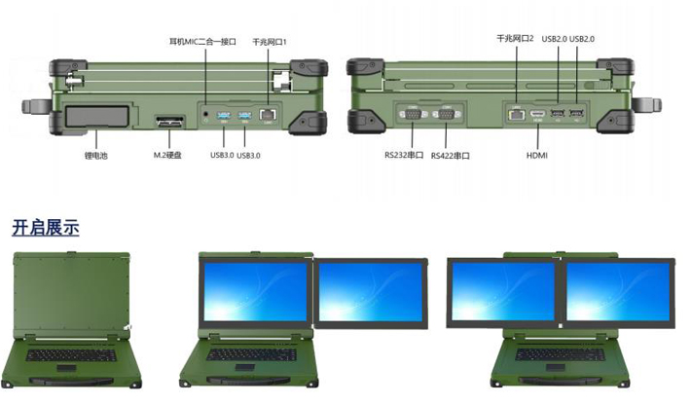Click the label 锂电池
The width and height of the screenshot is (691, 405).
point(95,156)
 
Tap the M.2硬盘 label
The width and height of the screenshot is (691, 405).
point(167,155)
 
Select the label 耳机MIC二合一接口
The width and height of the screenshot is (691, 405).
point(202,42)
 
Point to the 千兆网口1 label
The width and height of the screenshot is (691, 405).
point(270,42)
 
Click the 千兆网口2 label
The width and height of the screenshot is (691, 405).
point(515,39)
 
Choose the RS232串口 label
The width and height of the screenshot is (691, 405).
point(404,155)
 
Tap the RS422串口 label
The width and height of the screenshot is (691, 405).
point(450,156)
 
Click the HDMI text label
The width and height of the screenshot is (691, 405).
point(537,155)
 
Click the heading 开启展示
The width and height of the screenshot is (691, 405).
point(46,228)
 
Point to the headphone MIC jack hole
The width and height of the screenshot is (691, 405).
point(205,114)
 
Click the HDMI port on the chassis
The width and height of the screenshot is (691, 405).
point(537,114)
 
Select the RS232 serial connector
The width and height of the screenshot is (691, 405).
point(413,115)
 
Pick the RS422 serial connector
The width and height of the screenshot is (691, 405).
point(446,115)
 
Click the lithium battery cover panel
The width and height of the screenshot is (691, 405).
point(97,116)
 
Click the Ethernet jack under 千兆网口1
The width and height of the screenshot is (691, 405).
point(268,115)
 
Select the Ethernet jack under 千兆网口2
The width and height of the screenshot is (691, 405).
point(517,115)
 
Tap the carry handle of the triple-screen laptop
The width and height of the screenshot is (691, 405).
point(560,381)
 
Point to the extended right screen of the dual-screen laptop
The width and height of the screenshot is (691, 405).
point(371,293)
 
